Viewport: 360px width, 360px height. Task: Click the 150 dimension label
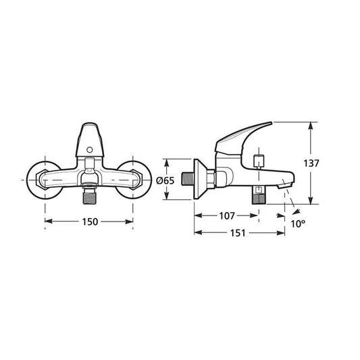[x=90, y=222]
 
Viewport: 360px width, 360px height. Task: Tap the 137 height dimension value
[x=311, y=163]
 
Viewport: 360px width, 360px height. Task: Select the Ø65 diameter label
[x=165, y=181]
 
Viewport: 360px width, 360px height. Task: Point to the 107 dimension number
[x=227, y=216]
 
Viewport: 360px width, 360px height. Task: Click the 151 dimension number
[x=238, y=233]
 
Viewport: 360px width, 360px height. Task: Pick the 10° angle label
[x=298, y=224]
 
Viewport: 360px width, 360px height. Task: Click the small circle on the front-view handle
[x=90, y=150]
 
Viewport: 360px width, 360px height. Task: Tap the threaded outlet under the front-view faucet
[x=90, y=195]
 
